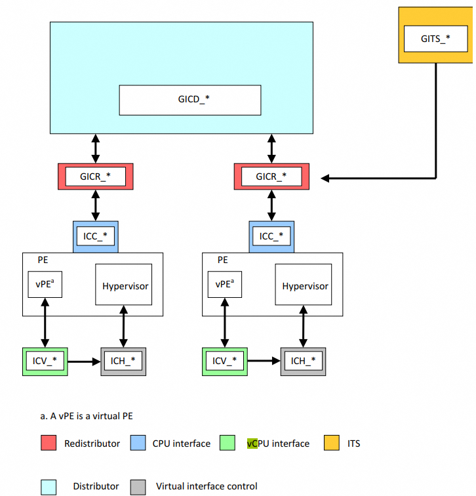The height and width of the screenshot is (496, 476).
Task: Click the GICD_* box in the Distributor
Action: [x=189, y=100]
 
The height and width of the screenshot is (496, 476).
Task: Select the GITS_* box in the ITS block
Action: [x=435, y=39]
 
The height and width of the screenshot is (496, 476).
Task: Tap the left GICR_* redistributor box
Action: [x=96, y=176]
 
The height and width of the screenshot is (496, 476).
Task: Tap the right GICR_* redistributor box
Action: [x=271, y=176]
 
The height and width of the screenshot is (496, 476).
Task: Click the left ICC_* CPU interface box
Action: [x=96, y=236]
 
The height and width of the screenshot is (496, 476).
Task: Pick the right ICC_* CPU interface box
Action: [x=271, y=236]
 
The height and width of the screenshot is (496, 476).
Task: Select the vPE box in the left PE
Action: [x=45, y=285]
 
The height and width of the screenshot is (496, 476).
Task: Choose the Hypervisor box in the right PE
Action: [x=305, y=285]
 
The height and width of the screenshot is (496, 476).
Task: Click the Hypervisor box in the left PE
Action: [x=125, y=285]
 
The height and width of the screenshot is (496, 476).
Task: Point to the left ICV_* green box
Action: [x=45, y=361]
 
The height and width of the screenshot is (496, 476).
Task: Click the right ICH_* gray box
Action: [x=303, y=361]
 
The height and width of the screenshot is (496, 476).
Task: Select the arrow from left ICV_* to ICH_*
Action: [x=84, y=361]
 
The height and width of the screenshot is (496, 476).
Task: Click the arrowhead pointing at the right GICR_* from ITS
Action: [x=325, y=177]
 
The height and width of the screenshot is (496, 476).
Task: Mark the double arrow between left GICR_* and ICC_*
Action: [x=96, y=207]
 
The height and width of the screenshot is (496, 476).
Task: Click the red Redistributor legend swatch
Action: [x=48, y=444]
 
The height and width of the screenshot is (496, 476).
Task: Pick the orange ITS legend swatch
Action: [x=331, y=444]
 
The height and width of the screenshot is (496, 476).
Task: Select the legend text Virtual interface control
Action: [x=207, y=487]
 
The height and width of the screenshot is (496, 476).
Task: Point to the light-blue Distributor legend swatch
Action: [x=48, y=487]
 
